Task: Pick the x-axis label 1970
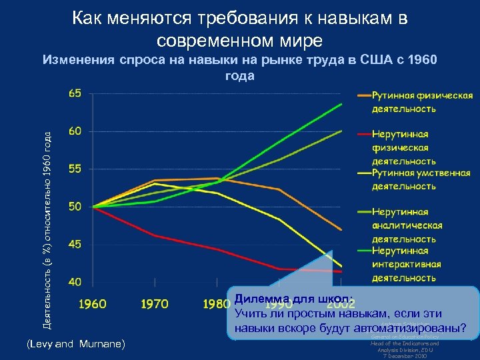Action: click(x=155, y=304)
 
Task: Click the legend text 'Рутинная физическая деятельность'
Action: click(x=422, y=102)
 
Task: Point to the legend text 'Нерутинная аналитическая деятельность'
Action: click(x=407, y=225)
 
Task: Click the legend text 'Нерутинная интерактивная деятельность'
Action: click(x=407, y=264)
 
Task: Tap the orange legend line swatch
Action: click(x=364, y=95)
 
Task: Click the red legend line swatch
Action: click(x=364, y=134)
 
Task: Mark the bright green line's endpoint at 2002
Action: click(x=341, y=104)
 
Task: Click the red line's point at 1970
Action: click(x=155, y=235)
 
